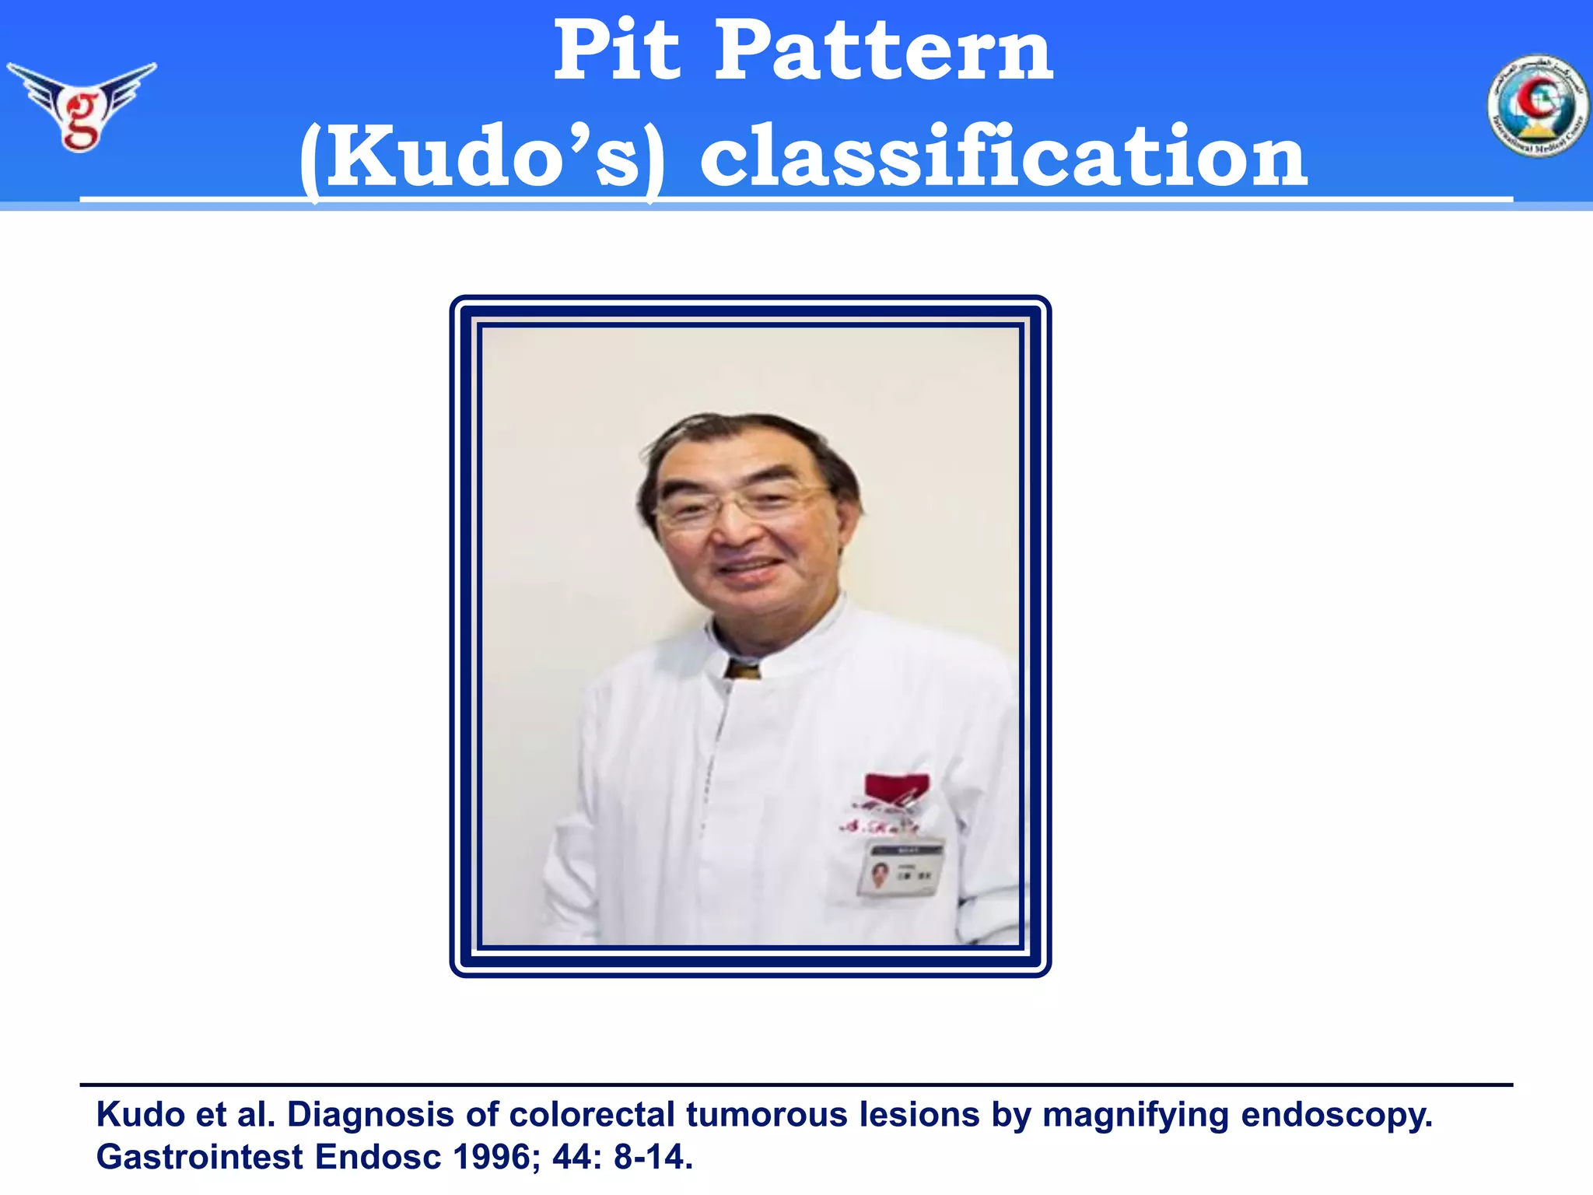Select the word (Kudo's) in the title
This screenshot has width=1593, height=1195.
click(483, 158)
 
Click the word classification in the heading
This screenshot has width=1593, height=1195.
click(1003, 158)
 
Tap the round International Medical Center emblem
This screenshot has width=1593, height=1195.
click(1537, 106)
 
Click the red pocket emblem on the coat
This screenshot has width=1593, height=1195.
click(897, 787)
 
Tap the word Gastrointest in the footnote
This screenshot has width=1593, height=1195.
click(199, 1157)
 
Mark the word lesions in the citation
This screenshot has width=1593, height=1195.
click(919, 1115)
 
